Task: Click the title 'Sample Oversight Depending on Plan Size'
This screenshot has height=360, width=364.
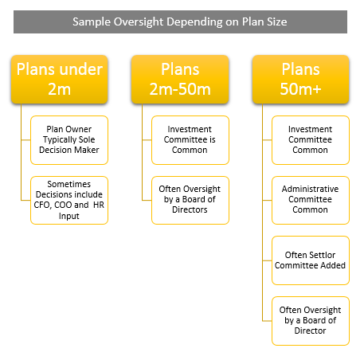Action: tap(180, 22)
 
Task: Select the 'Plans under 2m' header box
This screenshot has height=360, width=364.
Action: tap(60, 79)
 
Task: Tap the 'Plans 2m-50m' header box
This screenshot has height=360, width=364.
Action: tap(180, 79)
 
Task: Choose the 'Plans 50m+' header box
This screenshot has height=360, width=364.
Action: tap(300, 79)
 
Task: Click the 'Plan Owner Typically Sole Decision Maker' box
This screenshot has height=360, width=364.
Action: tap(69, 140)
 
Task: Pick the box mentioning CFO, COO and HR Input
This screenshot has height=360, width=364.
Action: tap(69, 200)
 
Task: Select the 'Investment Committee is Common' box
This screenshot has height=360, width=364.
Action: tap(190, 140)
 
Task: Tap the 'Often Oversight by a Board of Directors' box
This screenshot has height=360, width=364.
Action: tap(190, 200)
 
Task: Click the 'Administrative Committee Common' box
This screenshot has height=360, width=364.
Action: tap(311, 200)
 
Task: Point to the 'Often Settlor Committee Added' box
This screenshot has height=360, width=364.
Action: tap(311, 260)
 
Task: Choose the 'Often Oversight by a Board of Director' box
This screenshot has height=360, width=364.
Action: tap(311, 321)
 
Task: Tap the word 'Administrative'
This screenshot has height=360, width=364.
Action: tap(310, 189)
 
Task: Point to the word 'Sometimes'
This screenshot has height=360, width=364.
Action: tap(69, 184)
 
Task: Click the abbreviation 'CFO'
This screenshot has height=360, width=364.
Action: tap(41, 205)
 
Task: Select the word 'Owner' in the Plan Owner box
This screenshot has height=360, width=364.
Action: tap(79, 129)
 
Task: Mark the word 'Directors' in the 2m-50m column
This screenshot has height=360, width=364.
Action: tap(190, 209)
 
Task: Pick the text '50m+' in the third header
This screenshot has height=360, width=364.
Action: tap(300, 88)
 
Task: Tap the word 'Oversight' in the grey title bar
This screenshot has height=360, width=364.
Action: tap(139, 22)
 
